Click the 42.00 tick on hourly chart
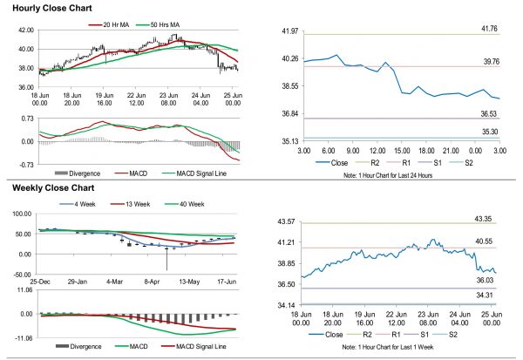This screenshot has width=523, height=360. pyautogui.click(x=25, y=31)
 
